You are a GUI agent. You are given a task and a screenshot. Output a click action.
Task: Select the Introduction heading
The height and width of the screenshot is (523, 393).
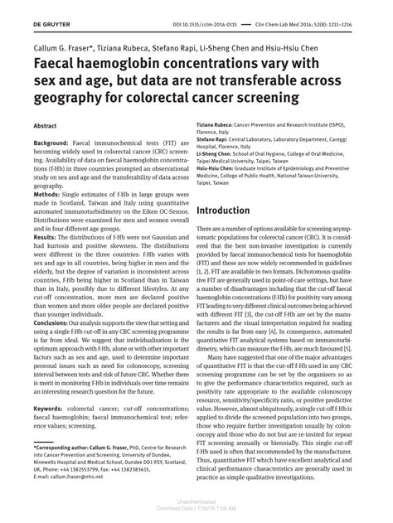click(229, 211)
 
